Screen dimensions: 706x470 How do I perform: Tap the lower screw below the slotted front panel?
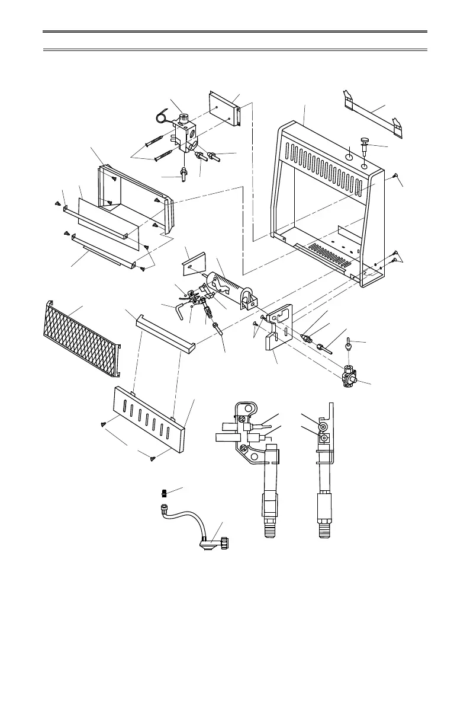point(152,457)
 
